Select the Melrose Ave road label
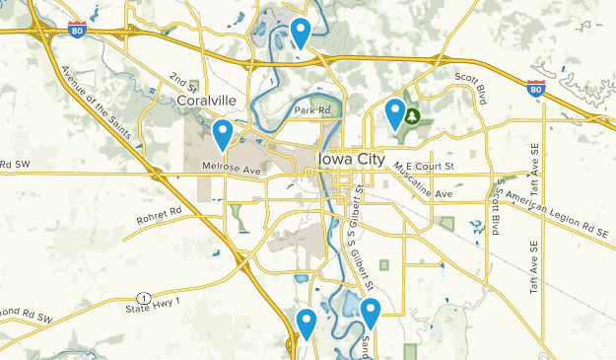[x=232, y=171]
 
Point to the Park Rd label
[x=310, y=109]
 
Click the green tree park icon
[x=414, y=116]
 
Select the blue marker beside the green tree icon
[x=395, y=113]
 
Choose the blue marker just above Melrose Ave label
[x=224, y=133]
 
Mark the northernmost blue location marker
[x=301, y=32]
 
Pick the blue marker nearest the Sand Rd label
[x=371, y=313]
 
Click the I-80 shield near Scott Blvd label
[x=536, y=89]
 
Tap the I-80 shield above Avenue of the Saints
[x=77, y=31]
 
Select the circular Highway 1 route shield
[x=145, y=298]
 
